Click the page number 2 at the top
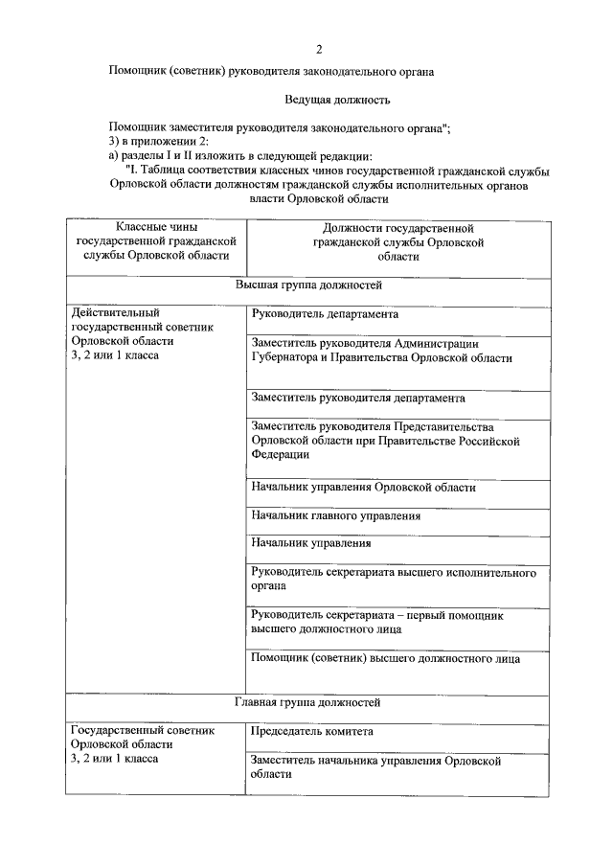(x=319, y=48)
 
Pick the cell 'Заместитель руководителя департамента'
(x=358, y=398)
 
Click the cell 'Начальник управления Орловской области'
(x=363, y=488)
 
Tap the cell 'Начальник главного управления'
(x=336, y=515)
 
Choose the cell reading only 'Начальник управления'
(x=311, y=543)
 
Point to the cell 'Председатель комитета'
(x=312, y=731)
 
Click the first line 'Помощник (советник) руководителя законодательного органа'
(x=272, y=71)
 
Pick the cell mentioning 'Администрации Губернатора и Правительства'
(x=381, y=351)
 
